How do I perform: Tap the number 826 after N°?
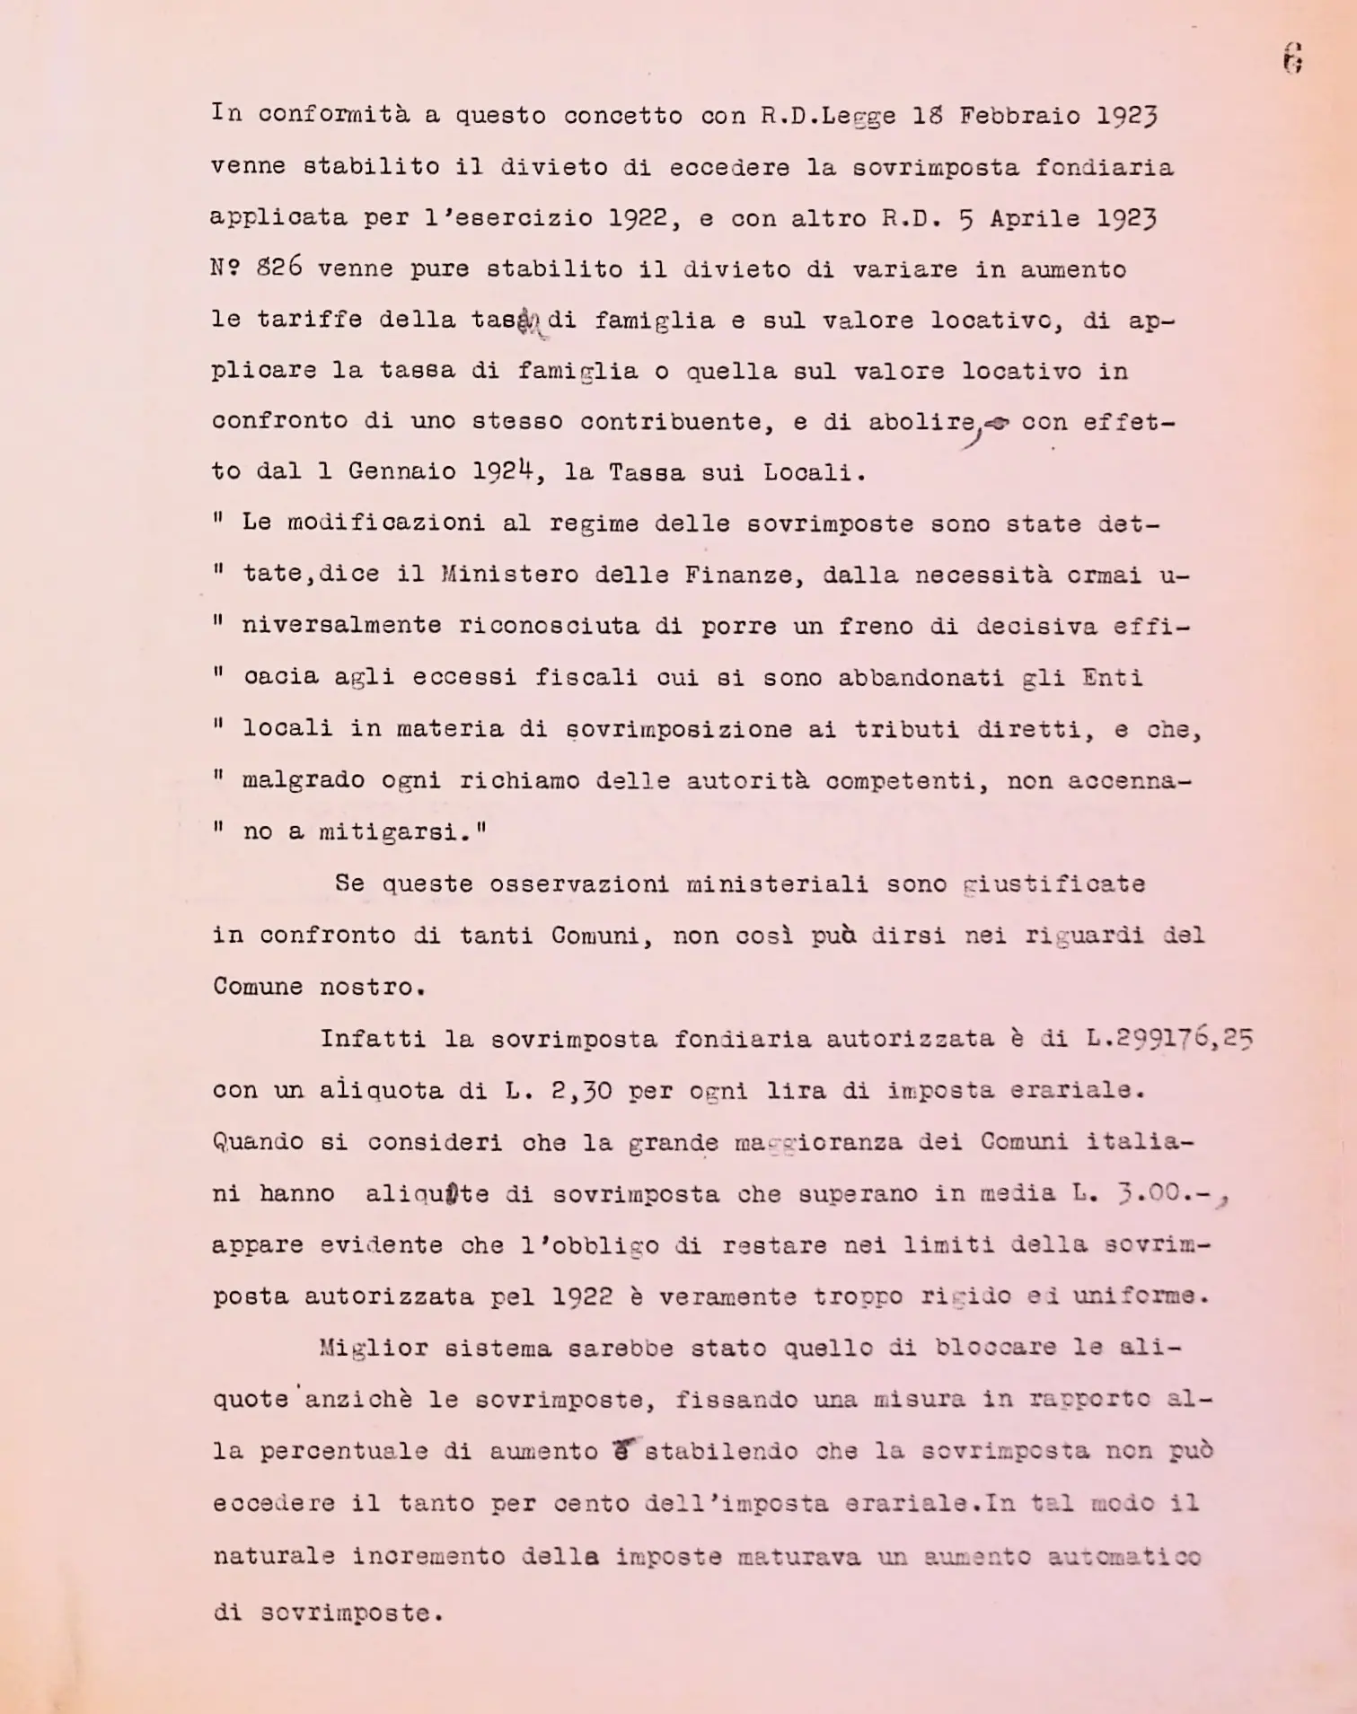click(279, 268)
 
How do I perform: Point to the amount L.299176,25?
click(1168, 1038)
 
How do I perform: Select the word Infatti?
click(372, 1039)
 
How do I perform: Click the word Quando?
click(259, 1142)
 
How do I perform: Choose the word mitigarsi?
click(396, 831)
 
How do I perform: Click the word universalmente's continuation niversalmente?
click(341, 625)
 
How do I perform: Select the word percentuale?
click(343, 1451)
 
